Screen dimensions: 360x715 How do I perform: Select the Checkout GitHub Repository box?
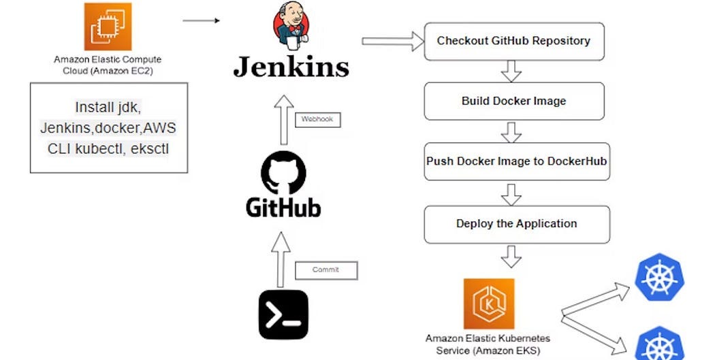513,41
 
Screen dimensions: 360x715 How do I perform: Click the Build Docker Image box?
513,101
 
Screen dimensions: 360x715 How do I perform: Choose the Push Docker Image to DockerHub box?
516,162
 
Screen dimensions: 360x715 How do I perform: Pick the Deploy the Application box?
516,224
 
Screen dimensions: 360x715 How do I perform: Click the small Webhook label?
318,120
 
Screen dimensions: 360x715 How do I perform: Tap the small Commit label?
325,270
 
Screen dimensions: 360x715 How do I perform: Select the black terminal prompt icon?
283,314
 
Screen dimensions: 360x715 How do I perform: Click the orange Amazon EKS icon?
488,304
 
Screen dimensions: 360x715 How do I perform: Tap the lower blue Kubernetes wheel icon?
659,344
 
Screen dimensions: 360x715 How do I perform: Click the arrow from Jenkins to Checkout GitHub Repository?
392,42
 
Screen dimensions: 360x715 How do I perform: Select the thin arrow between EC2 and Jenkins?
201,20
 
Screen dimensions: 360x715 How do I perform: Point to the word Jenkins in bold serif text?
291,67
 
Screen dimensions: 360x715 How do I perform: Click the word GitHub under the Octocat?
283,207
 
